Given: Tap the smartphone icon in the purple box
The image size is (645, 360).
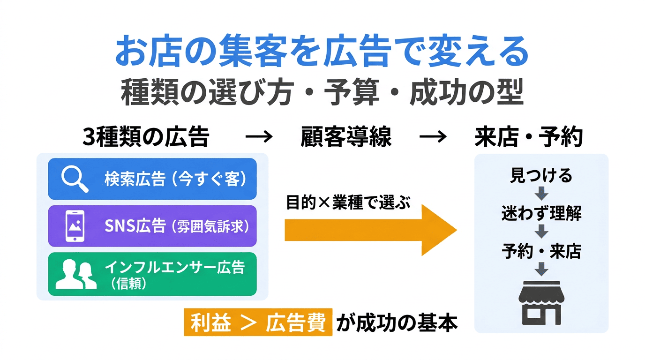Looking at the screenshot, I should pos(75,226).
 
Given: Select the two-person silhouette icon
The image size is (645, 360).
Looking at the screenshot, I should pos(76,274).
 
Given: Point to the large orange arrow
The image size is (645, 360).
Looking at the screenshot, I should pos(370,230).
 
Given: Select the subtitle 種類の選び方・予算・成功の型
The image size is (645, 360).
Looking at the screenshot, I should pos(322,93).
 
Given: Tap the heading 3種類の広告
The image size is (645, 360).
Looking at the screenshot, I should pos(146,137).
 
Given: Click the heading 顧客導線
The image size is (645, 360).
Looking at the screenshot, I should pos(345,137).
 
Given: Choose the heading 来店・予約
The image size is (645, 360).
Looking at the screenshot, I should pos(529,137).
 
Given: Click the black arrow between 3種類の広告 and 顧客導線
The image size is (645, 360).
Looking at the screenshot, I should pos(259,137).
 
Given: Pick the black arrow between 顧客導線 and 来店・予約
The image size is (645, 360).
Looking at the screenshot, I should pos(433,137).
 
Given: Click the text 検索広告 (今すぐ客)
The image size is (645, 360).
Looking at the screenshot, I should pos(175,180).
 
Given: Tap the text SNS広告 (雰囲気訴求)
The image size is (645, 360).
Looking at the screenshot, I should pos(176,226).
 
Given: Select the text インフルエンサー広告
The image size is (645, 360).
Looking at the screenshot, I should pos(174,268).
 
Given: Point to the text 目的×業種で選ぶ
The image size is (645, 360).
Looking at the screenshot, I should pos(348,203).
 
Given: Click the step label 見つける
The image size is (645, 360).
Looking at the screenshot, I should pos(541,176).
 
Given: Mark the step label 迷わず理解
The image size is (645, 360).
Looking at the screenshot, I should pos(541,214).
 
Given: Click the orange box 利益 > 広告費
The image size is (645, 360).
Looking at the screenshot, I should pos(258,322).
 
